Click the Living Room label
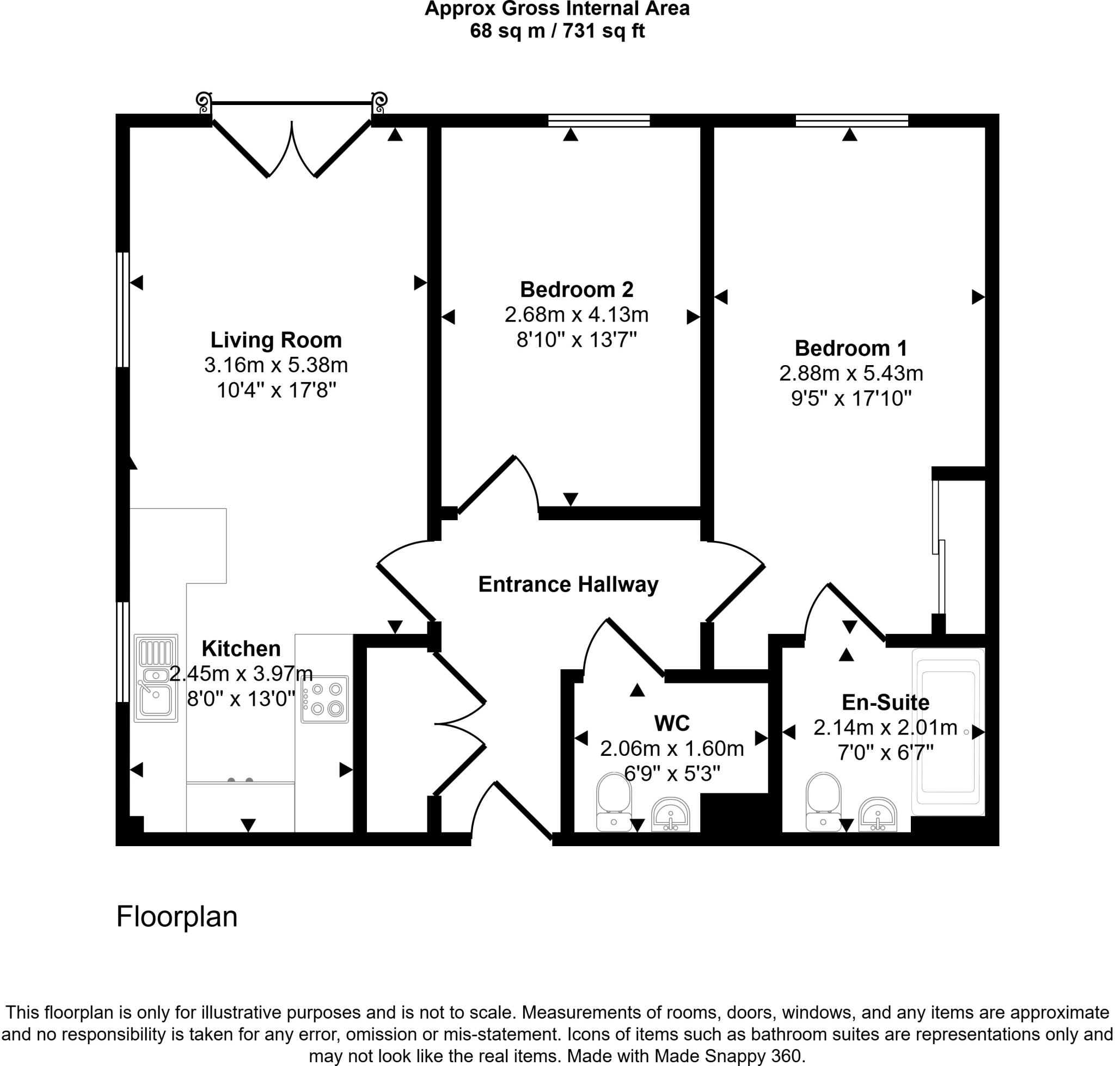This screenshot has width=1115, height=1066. tap(276, 340)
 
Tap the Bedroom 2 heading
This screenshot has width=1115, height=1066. tap(576, 290)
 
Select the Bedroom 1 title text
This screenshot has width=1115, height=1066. tap(850, 348)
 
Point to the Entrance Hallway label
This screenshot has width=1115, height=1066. tap(568, 584)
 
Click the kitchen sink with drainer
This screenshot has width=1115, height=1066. tap(156, 679)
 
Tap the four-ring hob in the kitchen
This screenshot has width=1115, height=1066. tap(324, 699)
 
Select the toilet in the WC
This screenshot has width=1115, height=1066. tap(614, 801)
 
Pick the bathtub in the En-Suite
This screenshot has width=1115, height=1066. tap(947, 731)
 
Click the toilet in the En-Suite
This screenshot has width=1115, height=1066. tap(823, 801)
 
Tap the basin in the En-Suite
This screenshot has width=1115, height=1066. tap(877, 814)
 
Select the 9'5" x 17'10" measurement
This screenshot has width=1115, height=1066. tap(850, 399)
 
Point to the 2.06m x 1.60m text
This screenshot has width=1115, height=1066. tap(671, 749)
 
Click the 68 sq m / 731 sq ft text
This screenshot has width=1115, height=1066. tap(556, 30)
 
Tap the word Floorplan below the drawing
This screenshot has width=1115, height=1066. tap(177, 916)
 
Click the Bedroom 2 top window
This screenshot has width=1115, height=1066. tap(599, 120)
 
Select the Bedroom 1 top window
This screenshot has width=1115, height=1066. tap(851, 120)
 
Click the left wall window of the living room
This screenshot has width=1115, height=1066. tap(123, 310)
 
